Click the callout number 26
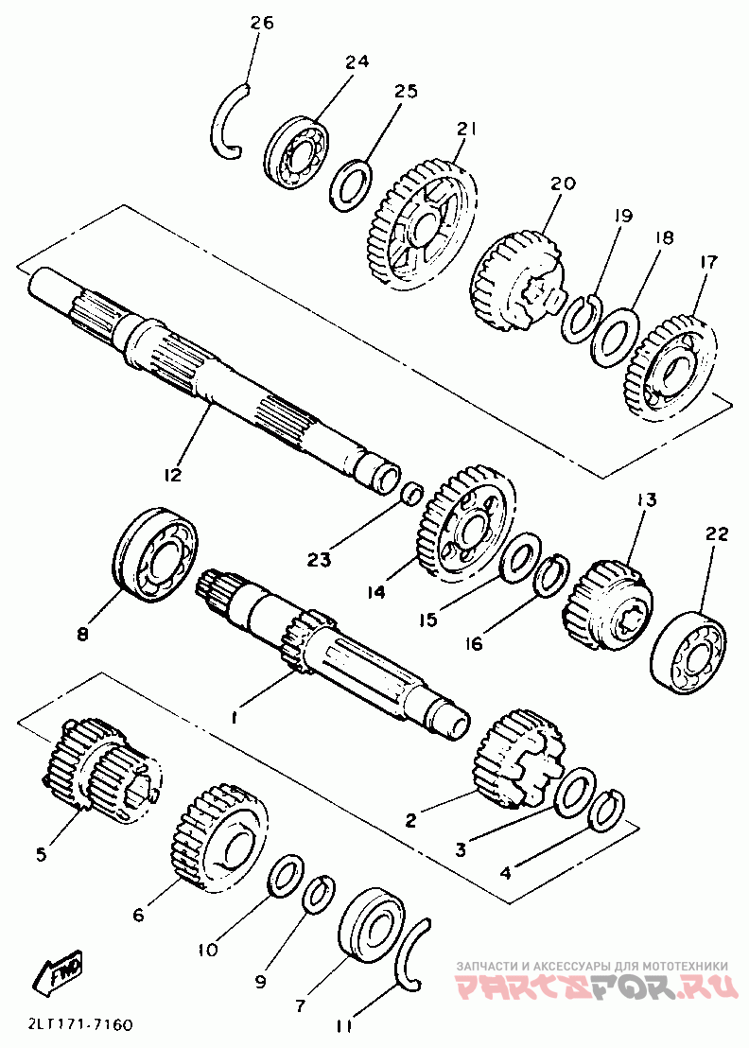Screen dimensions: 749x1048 click(262, 23)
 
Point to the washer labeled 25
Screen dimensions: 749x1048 click(352, 184)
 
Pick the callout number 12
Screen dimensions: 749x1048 click(172, 475)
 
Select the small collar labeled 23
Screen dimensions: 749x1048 click(412, 494)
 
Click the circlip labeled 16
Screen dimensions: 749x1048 click(551, 575)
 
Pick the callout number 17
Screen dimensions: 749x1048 click(707, 262)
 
